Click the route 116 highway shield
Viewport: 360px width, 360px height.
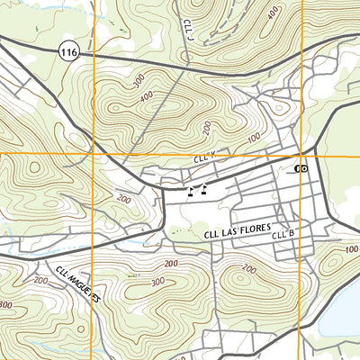point(70,54)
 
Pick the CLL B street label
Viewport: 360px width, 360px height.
point(284,235)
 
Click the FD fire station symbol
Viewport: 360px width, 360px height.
point(301,169)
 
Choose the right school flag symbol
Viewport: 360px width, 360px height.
point(205,189)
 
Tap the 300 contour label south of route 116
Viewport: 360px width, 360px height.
point(138,80)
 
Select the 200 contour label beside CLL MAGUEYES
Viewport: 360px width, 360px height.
point(40,281)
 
